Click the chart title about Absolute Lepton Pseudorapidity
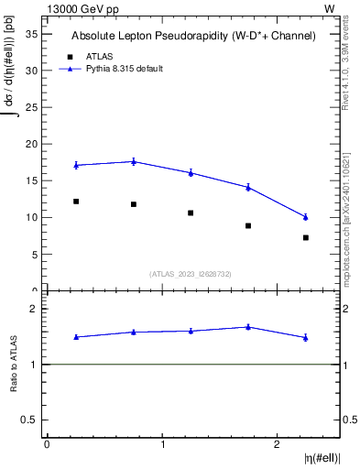[193, 36]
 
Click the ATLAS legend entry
[99, 56]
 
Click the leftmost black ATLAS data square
[76, 202]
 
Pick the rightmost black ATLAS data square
[306, 237]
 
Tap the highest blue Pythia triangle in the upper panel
[134, 161]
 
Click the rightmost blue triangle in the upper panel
[306, 217]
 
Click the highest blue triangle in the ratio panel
[248, 326]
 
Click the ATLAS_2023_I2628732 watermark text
[191, 273]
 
